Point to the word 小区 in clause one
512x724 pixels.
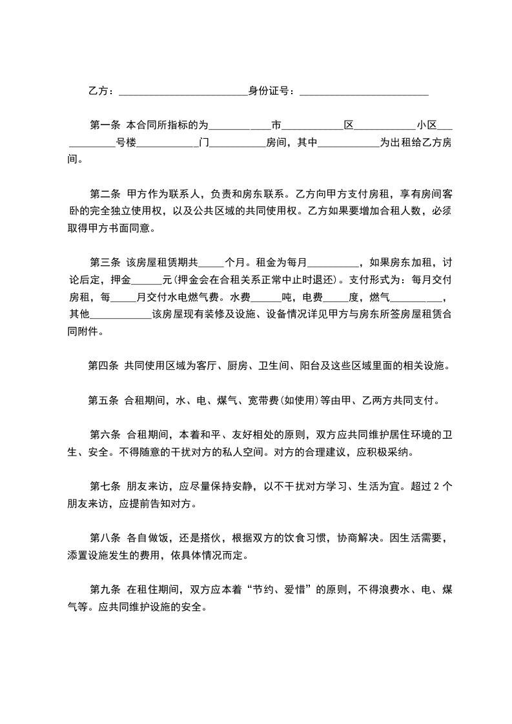tap(427, 125)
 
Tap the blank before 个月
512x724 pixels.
tap(211, 265)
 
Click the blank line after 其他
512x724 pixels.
tap(121, 317)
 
